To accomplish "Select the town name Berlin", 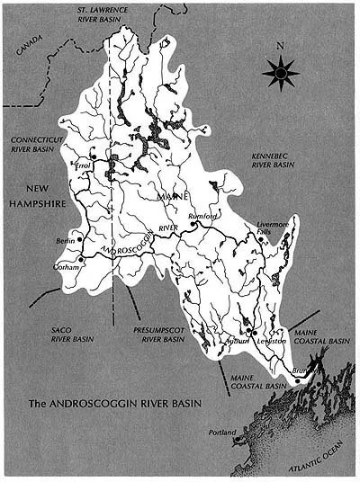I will click(63, 243).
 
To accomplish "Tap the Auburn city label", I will click(238, 341).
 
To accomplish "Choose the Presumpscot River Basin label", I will click(158, 335).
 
